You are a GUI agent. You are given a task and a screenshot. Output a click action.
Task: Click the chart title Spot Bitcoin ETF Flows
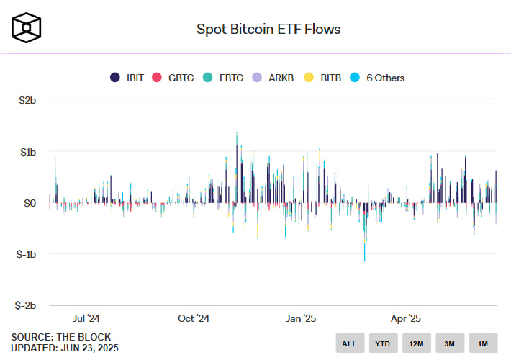click(268, 30)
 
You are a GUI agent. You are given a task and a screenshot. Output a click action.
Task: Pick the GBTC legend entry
click(174, 78)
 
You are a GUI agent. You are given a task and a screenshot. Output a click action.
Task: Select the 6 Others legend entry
click(378, 78)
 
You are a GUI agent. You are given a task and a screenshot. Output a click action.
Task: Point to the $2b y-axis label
click(27, 101)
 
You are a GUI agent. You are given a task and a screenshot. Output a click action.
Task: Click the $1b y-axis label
click(27, 152)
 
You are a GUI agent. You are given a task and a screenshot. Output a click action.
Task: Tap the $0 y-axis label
click(29, 203)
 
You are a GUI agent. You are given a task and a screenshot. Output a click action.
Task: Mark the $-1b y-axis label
click(26, 254)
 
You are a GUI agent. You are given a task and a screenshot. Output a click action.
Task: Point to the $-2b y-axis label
click(26, 305)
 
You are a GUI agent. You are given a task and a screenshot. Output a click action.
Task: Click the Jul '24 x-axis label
click(86, 318)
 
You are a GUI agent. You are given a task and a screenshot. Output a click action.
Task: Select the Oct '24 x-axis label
click(193, 318)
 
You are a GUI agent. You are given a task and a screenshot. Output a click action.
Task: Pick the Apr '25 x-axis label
click(406, 318)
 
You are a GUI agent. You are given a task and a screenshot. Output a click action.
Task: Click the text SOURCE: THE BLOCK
click(61, 336)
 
